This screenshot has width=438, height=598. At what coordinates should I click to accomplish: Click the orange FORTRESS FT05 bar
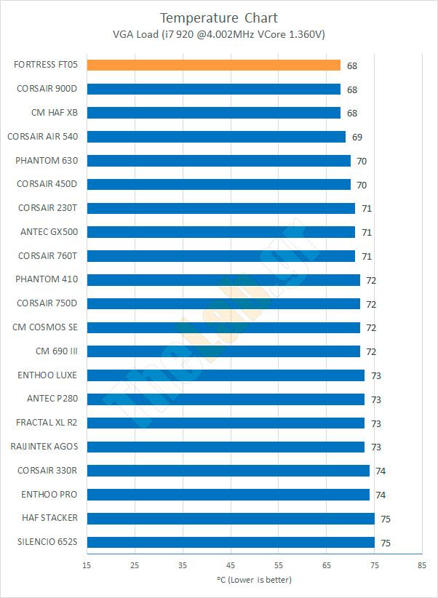point(213,65)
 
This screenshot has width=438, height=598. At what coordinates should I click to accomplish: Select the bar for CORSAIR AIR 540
point(216,137)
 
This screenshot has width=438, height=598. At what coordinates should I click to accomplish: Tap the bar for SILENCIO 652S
point(231,542)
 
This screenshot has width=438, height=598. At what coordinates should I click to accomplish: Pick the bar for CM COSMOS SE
point(223,327)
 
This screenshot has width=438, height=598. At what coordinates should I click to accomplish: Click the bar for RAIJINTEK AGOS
point(226,447)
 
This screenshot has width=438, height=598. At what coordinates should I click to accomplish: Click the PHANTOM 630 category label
point(47,160)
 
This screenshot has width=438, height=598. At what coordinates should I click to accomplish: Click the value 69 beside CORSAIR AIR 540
point(357,137)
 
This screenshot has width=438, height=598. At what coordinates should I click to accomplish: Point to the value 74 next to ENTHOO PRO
point(381,495)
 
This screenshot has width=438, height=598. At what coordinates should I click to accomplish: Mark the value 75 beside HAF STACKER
point(386,519)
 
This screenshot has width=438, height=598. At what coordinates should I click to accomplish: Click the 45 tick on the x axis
point(231,565)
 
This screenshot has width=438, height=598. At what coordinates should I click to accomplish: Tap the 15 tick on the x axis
point(87,565)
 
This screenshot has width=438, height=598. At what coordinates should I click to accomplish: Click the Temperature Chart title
point(218,17)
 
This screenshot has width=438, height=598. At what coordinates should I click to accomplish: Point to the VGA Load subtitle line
point(218,34)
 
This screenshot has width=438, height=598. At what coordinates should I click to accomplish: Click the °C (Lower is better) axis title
point(254,580)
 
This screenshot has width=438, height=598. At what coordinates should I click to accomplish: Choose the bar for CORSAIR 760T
point(221,256)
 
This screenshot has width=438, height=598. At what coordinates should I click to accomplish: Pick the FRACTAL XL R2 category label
point(47,423)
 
